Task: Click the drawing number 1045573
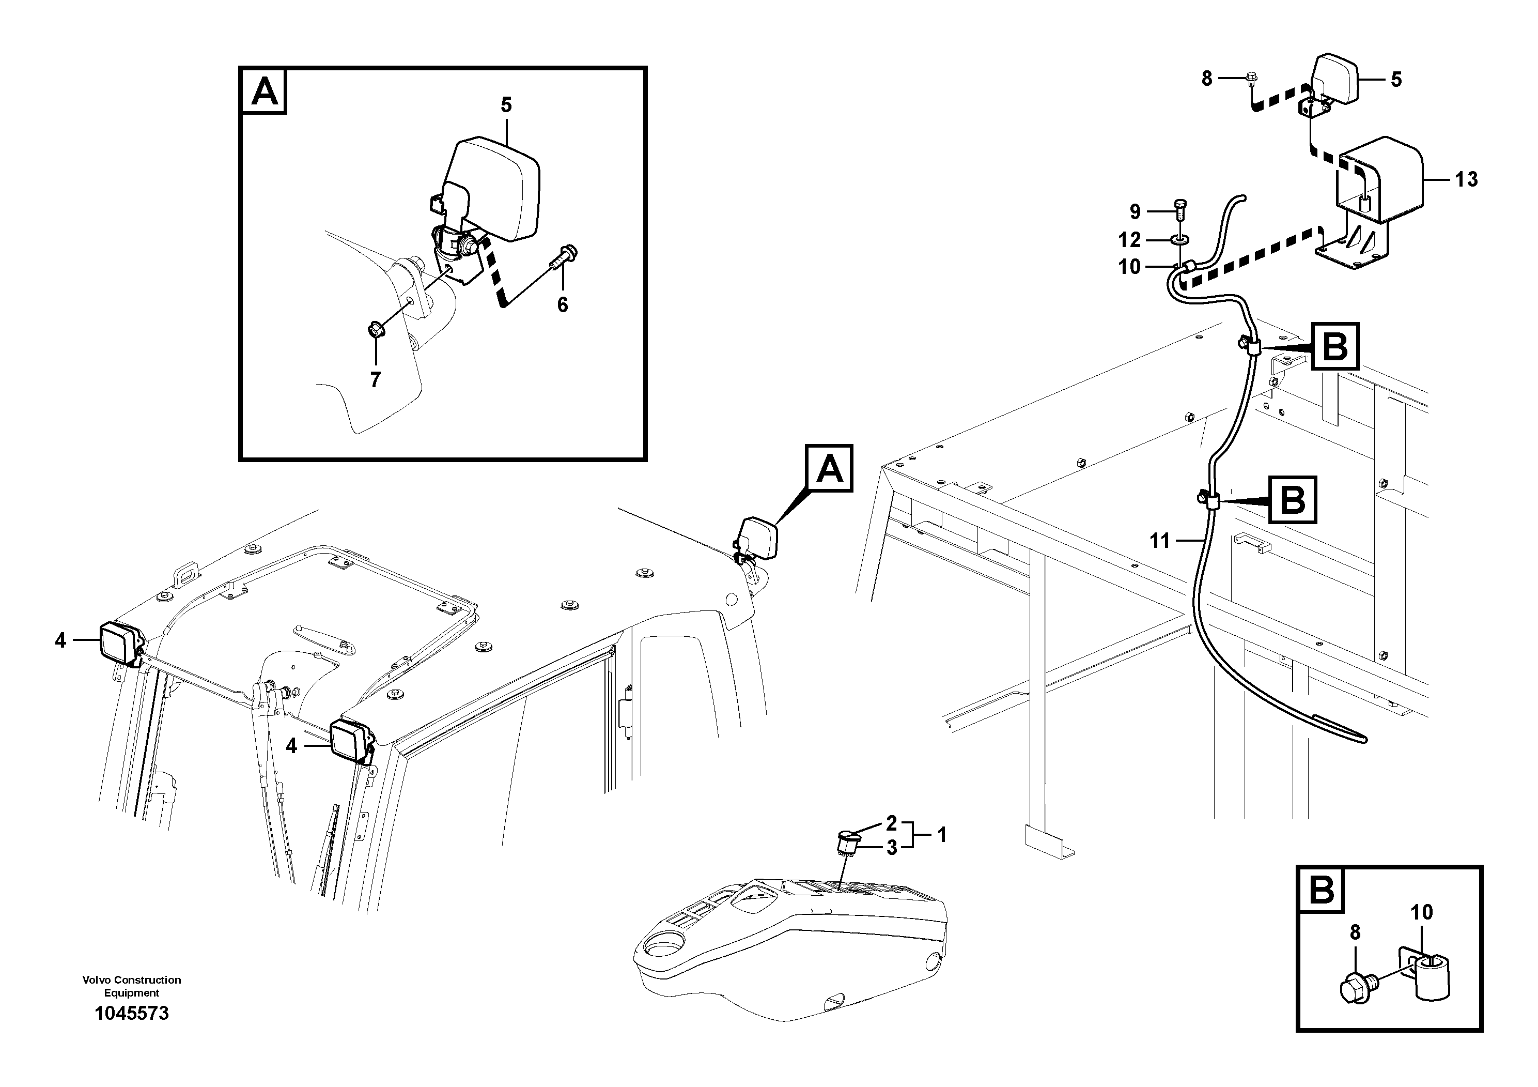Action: (132, 1013)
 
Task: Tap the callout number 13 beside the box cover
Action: (1466, 179)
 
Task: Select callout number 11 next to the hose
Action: (1159, 540)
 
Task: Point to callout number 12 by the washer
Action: (1129, 239)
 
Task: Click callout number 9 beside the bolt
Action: (1135, 212)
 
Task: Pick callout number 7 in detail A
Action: (375, 380)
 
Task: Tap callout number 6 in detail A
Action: (562, 305)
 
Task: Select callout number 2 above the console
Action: (891, 822)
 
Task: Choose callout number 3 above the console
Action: (891, 848)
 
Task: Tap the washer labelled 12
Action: (1179, 239)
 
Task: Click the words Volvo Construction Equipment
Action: (132, 986)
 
